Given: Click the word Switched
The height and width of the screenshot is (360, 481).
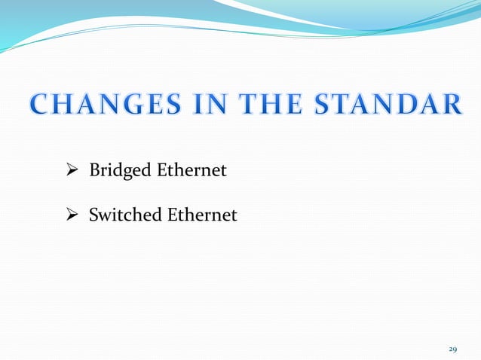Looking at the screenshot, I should tap(125, 216).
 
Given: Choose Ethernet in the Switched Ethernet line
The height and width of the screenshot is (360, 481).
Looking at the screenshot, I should tap(202, 216).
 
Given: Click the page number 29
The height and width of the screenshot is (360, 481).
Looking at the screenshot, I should tap(453, 349).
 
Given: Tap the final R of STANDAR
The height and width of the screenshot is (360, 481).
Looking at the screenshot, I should tap(451, 105).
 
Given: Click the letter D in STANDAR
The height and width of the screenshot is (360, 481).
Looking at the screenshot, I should tap(406, 105).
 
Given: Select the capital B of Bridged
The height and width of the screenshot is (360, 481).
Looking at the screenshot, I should tap(94, 171).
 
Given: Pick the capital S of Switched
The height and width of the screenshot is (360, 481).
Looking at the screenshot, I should tap(93, 216).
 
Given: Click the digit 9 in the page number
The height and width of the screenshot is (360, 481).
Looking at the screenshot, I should tap(455, 349).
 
